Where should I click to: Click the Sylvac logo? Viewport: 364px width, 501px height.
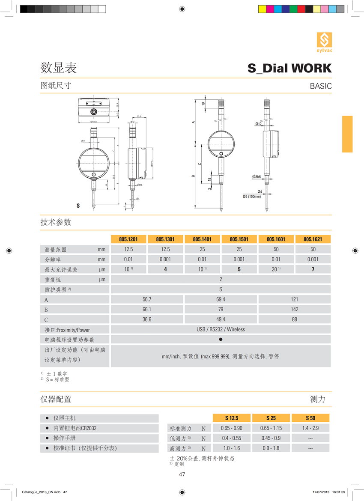(324, 44)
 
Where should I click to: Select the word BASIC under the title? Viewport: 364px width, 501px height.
(321, 86)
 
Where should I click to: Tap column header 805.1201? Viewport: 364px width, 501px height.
(128, 239)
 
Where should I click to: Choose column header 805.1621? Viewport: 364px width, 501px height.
(313, 239)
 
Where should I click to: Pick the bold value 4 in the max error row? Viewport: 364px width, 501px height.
(165, 269)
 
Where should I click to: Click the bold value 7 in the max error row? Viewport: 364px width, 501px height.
(313, 269)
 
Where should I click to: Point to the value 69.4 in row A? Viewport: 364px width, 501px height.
(221, 299)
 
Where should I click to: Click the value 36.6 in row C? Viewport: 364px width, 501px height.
(147, 319)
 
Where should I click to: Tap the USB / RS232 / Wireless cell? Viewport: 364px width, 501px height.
(221, 329)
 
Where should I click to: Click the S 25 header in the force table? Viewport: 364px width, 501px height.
(271, 418)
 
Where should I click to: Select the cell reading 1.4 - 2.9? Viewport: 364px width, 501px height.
(310, 428)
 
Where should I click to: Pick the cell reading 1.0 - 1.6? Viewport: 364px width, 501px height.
(231, 448)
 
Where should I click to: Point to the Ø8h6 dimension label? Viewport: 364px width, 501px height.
(257, 177)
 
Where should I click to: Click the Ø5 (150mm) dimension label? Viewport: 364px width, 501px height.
(252, 197)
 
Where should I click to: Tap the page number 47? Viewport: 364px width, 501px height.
(182, 474)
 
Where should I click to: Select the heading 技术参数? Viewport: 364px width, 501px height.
(56, 222)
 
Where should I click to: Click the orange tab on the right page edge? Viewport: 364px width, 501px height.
(347, 134)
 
